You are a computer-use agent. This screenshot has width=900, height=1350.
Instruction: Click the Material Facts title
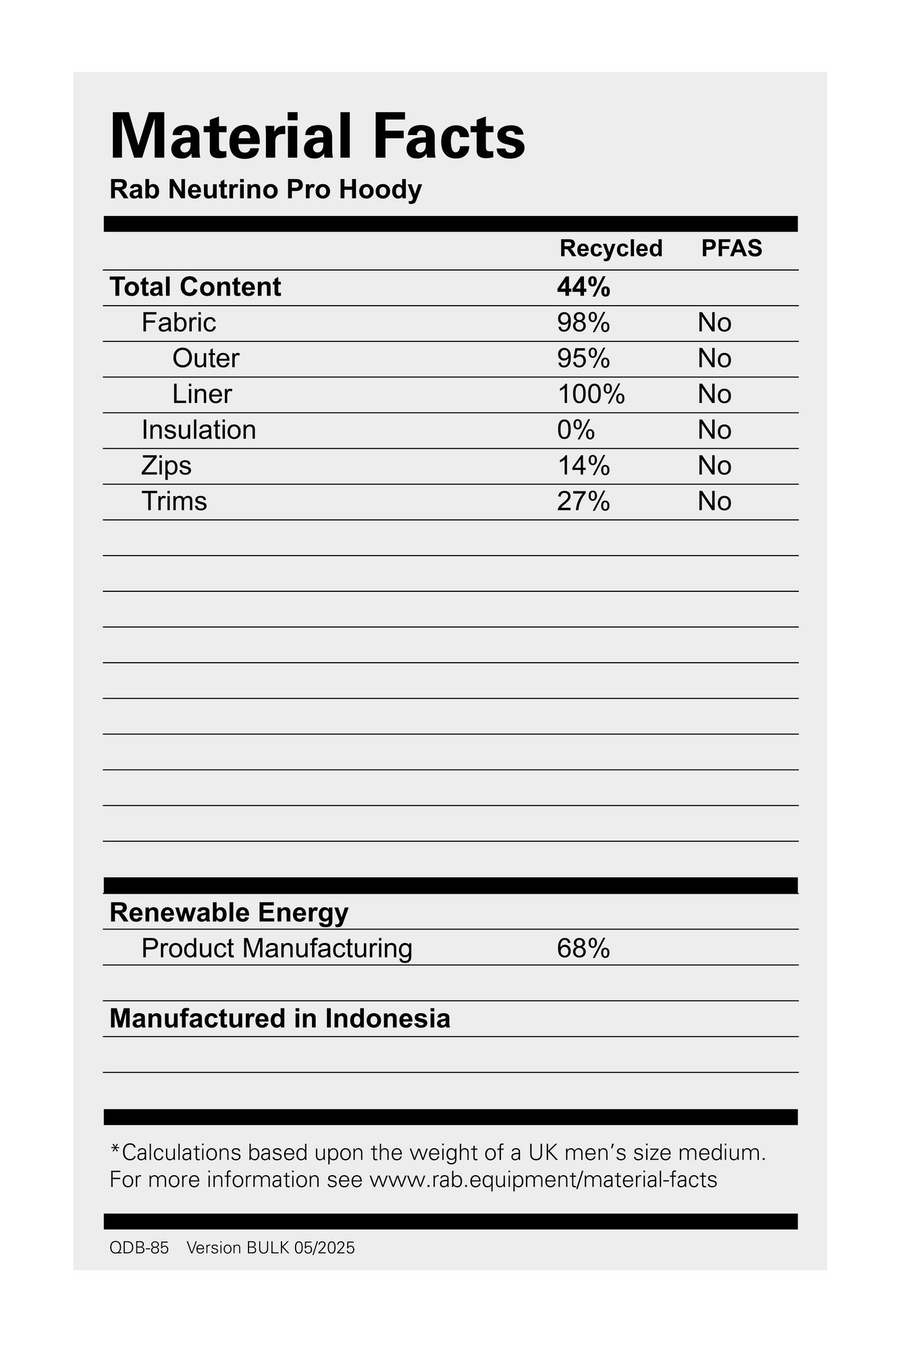317,137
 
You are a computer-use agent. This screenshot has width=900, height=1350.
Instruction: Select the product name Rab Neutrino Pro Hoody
265,190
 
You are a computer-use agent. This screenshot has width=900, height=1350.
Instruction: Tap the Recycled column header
610,248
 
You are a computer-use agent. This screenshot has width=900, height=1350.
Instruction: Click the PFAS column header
731,248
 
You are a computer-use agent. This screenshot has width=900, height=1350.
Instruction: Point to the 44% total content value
583,288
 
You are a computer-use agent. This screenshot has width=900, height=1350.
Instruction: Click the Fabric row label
178,323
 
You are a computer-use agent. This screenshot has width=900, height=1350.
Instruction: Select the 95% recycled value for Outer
583,358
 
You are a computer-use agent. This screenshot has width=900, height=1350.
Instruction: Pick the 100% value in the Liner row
591,394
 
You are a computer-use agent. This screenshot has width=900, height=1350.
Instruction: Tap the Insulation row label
198,430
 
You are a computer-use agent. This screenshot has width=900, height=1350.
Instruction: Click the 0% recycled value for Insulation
576,430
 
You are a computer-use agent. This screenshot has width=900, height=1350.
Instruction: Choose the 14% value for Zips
583,466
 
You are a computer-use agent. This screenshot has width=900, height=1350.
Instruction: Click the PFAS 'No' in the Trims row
714,502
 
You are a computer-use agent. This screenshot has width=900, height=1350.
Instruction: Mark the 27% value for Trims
583,502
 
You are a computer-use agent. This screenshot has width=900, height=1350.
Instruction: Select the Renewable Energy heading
229,913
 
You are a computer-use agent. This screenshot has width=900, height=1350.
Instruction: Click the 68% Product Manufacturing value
583,948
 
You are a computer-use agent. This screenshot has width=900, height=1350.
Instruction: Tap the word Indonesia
388,1019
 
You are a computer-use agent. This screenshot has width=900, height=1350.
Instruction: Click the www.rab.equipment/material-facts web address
543,1179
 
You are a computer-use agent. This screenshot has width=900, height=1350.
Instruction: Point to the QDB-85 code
139,1247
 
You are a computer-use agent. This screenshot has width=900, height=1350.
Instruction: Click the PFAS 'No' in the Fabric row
714,323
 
